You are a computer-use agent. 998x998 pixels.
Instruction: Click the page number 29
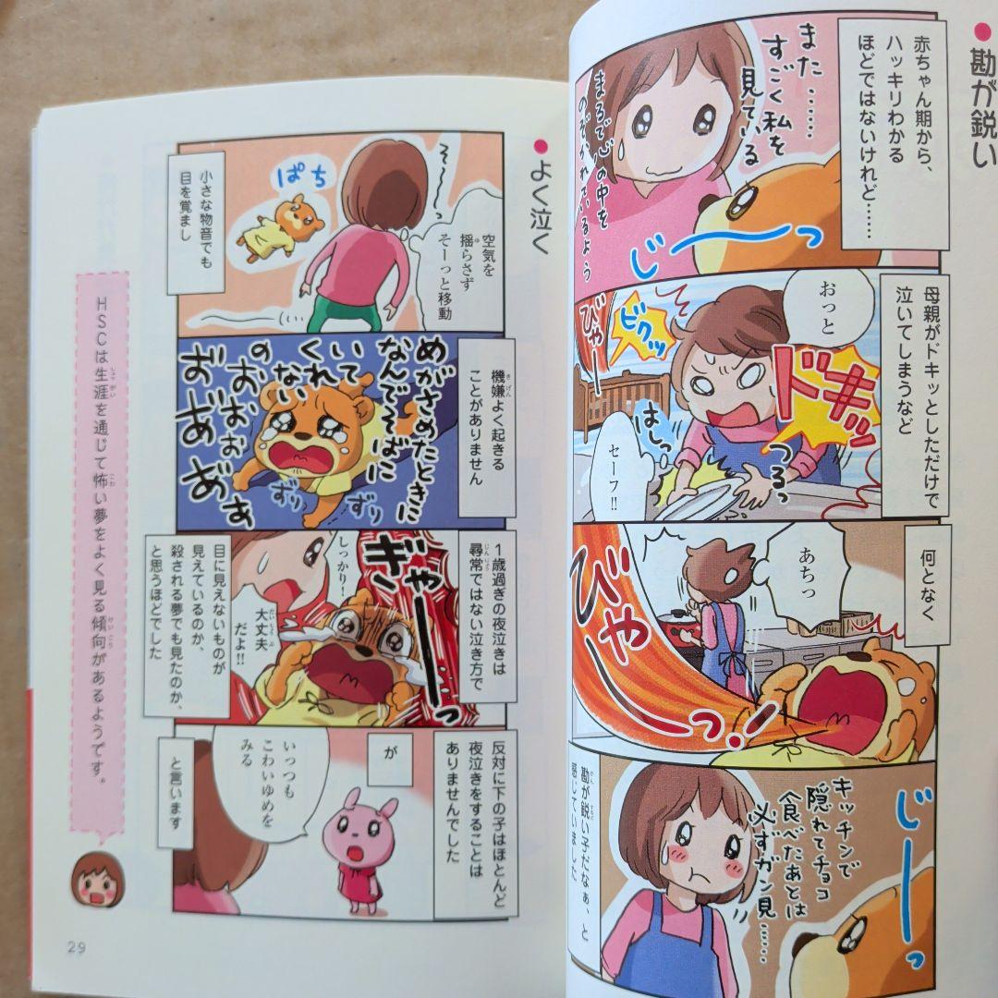(x=77, y=945)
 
